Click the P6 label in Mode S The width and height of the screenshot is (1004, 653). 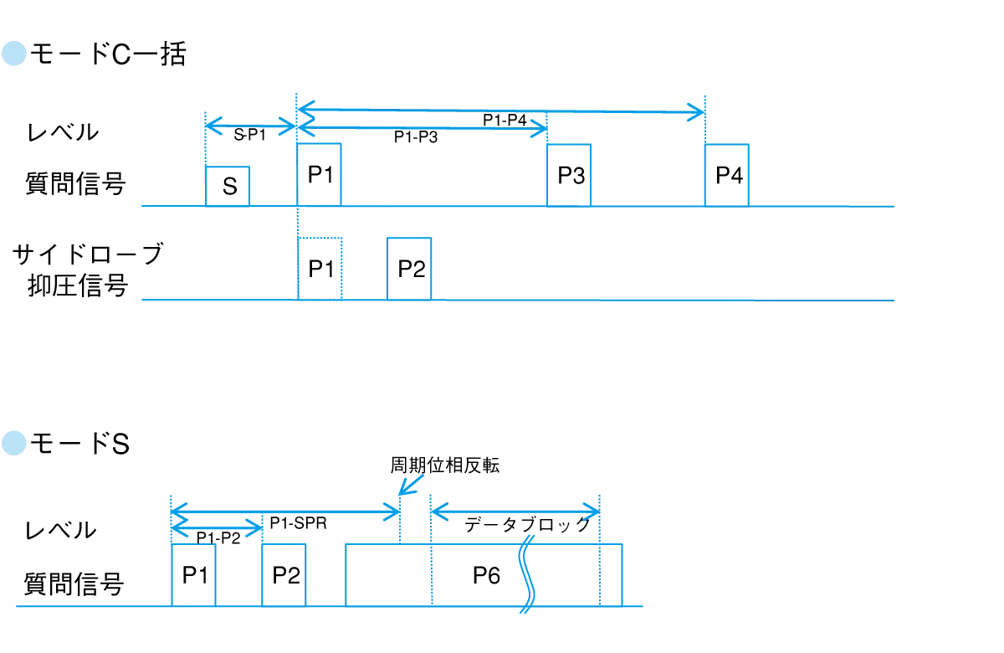coord(486,575)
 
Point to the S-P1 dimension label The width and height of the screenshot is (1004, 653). coord(249,135)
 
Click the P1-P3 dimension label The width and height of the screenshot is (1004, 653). coord(416,136)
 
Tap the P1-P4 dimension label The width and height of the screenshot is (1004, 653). coord(505,120)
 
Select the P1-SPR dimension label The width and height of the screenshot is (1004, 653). coord(298,523)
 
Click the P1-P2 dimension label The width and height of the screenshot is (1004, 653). coord(218,537)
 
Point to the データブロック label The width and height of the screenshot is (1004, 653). coord(527,524)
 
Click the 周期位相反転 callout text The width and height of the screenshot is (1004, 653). coord(444,465)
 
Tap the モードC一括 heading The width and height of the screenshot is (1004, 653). coord(108,54)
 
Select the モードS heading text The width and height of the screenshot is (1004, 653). coord(79,444)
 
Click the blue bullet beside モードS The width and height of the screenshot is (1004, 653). coord(14,443)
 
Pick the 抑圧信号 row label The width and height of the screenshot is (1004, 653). coord(78,285)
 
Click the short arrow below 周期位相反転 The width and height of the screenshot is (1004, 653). coord(411,485)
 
